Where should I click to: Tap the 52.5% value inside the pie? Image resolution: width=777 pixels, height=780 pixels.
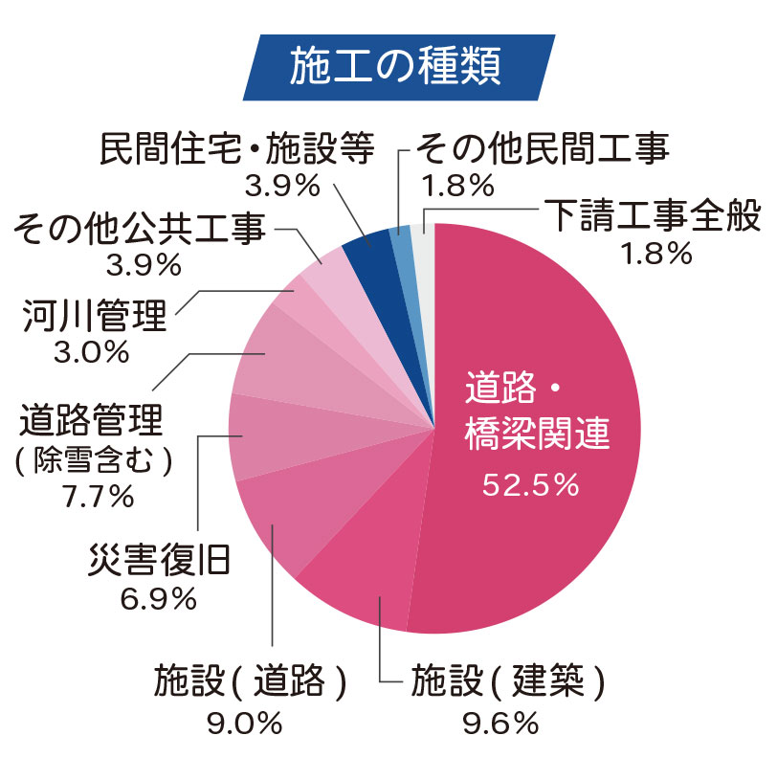click(x=530, y=485)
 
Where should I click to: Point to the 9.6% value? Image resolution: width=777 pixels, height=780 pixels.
click(x=500, y=724)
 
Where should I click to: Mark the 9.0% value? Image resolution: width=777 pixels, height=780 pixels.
click(x=245, y=724)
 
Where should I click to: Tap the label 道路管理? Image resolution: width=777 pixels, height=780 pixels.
click(x=92, y=420)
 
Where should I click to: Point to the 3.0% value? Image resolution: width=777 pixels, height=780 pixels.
click(x=92, y=353)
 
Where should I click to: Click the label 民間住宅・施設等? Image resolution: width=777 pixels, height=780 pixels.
click(x=236, y=149)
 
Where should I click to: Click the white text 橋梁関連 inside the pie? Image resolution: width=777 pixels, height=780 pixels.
click(x=537, y=436)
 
